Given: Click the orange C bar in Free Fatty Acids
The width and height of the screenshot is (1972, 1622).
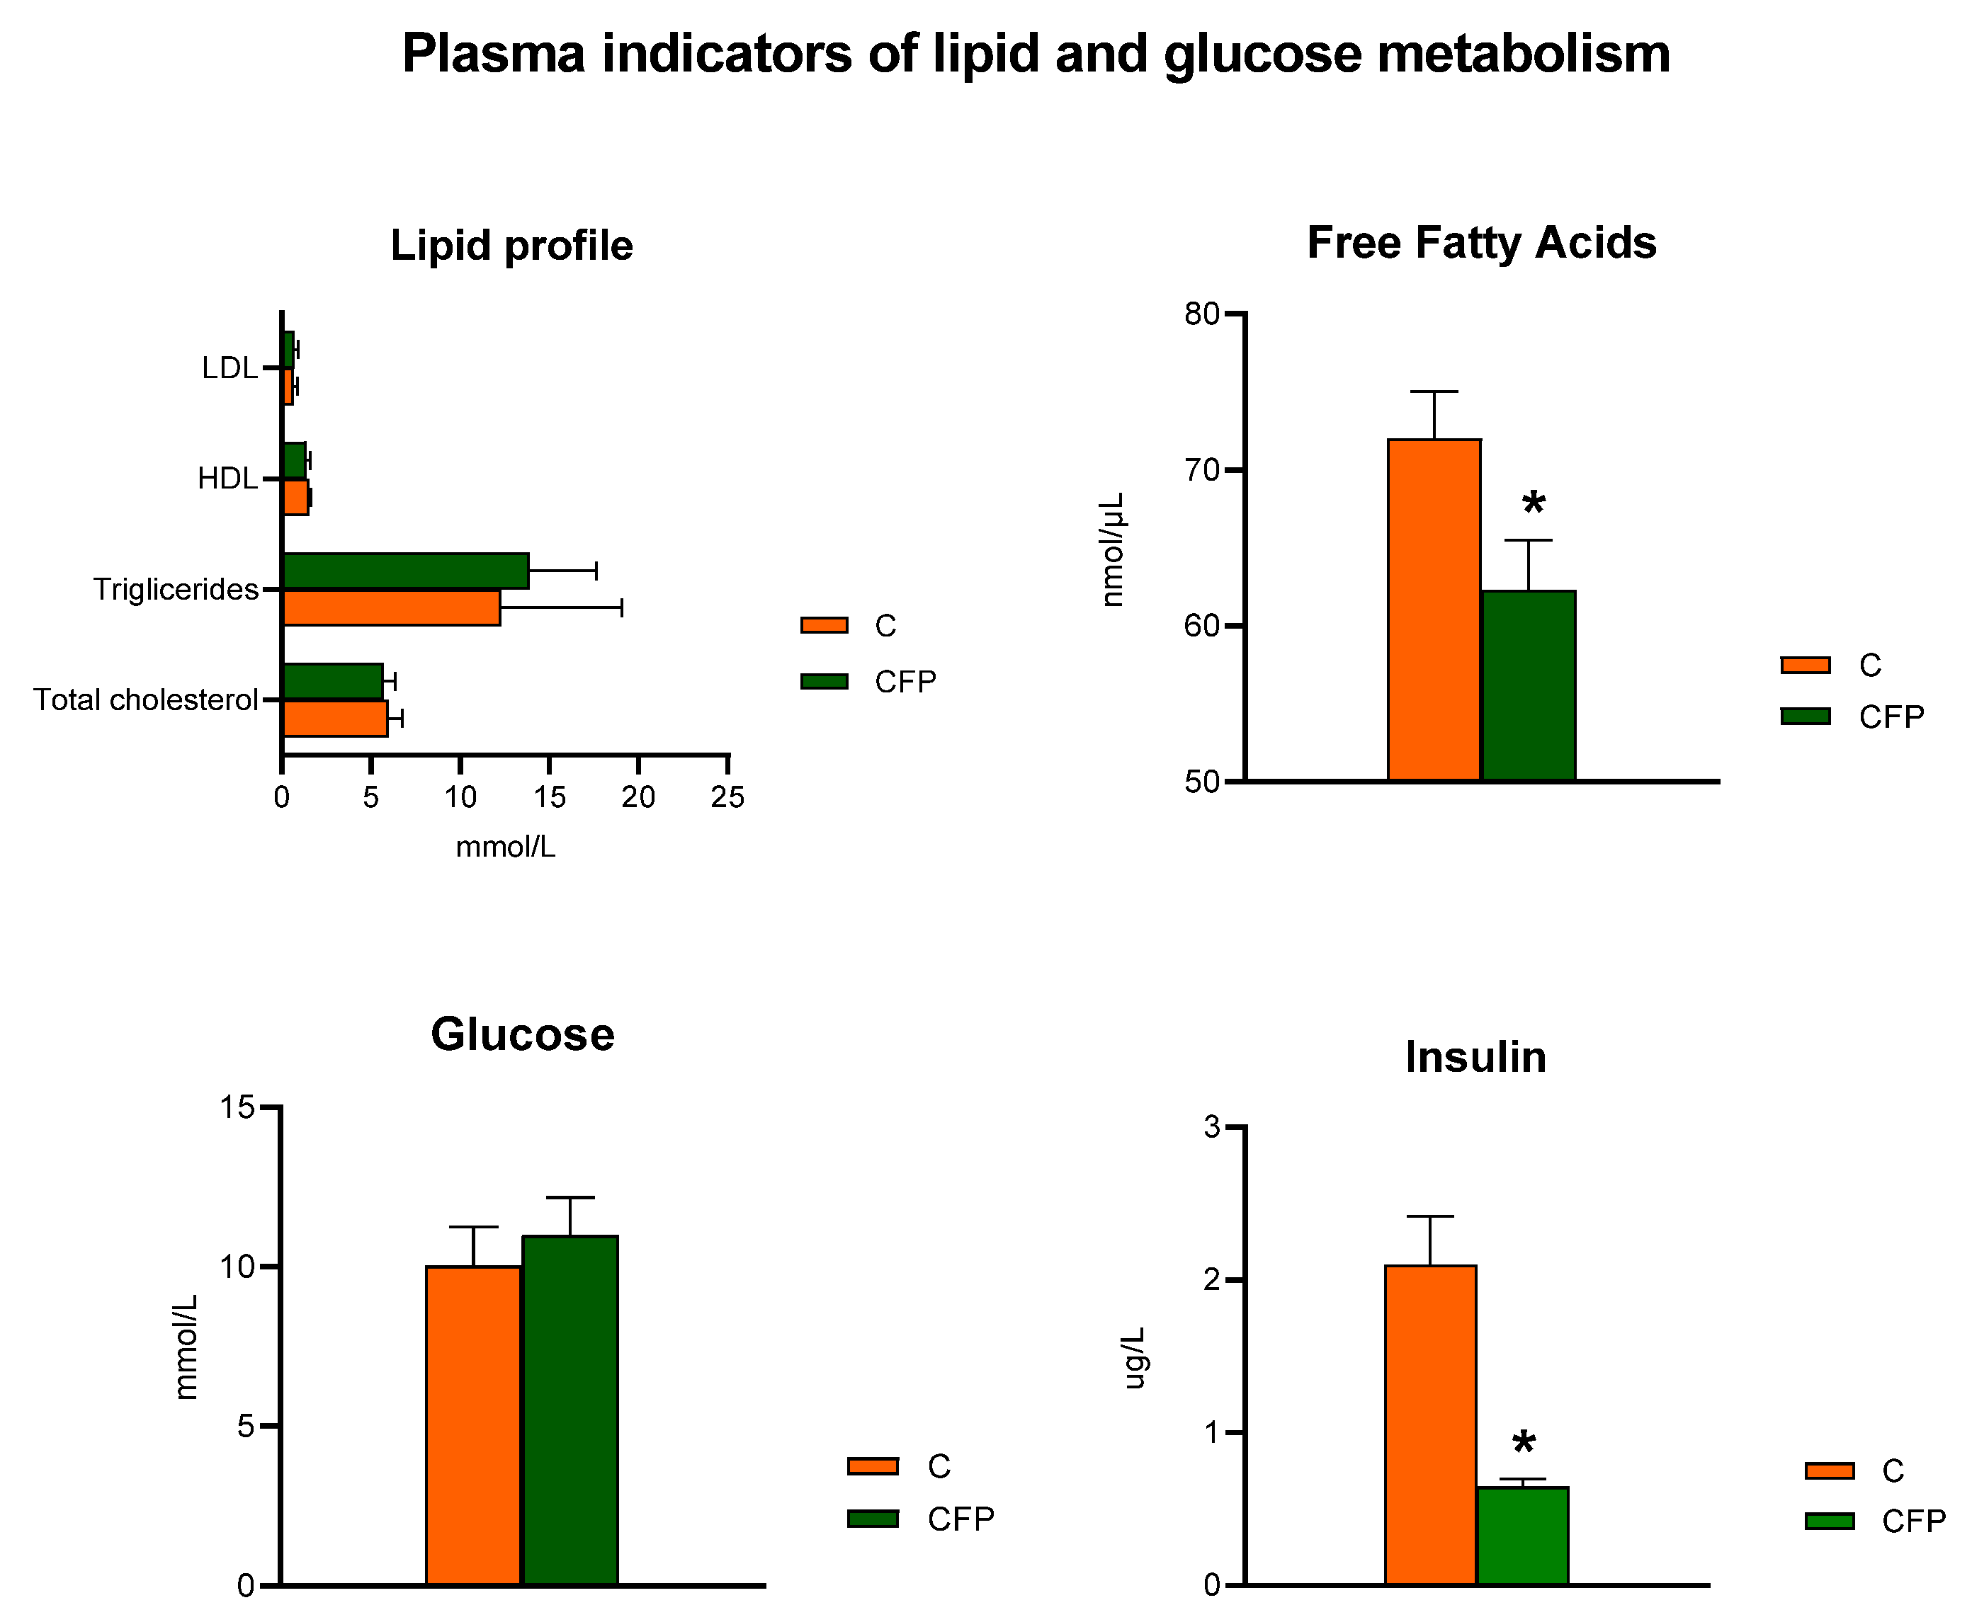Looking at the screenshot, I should (x=1433, y=609).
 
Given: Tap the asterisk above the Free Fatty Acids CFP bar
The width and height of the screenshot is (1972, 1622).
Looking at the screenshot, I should (x=1533, y=506).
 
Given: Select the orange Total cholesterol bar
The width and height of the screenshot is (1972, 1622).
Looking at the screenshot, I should (x=334, y=719).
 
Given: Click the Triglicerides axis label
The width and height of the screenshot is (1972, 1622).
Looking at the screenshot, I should (x=176, y=590).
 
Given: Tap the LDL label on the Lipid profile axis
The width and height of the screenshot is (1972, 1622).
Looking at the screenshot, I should (x=229, y=368).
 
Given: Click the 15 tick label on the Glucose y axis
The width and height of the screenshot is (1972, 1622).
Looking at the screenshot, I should (x=237, y=1107).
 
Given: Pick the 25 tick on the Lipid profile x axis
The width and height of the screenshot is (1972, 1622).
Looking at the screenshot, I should (x=727, y=797).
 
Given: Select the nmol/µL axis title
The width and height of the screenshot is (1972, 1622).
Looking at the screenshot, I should (x=1112, y=549).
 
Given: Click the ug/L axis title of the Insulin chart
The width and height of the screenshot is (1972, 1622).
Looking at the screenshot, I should (x=1133, y=1358).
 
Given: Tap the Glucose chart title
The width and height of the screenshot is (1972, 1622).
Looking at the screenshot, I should (x=523, y=1034).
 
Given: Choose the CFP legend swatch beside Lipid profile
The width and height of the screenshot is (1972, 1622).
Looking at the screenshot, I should (x=823, y=681).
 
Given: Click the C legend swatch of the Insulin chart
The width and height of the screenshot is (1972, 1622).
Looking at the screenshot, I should (x=1829, y=1470).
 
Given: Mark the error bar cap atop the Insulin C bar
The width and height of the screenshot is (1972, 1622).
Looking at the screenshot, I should (x=1429, y=1216).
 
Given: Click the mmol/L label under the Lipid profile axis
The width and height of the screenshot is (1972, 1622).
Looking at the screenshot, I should (x=504, y=847).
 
